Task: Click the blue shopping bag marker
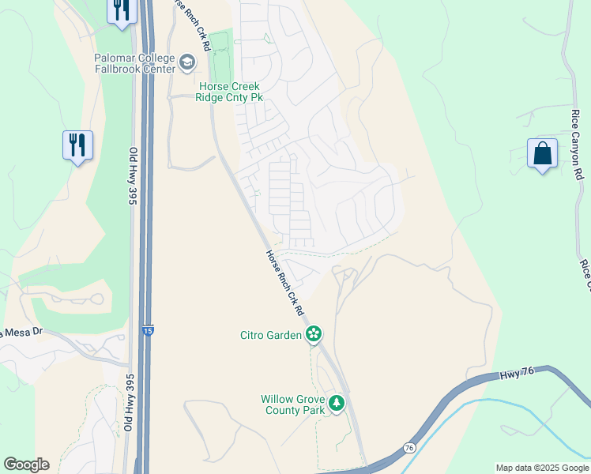click(x=543, y=155)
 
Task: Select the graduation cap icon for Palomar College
click(x=187, y=62)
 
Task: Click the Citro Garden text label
click(x=271, y=335)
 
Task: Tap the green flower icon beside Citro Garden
click(x=314, y=334)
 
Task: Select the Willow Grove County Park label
click(x=293, y=404)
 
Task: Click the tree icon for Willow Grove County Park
click(x=337, y=404)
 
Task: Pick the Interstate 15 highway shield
click(x=149, y=332)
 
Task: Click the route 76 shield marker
click(x=409, y=447)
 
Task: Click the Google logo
click(x=26, y=465)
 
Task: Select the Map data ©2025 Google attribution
click(x=541, y=468)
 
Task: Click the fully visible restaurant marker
click(x=78, y=146)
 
